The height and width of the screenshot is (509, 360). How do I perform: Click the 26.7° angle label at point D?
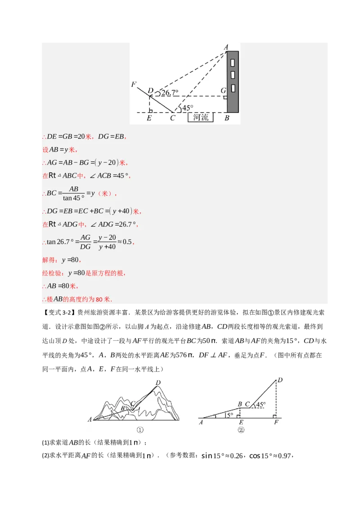170,93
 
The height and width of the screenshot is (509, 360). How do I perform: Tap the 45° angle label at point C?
187,108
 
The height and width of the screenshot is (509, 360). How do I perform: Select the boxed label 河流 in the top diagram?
201,118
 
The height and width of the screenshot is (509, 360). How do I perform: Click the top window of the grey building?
233,62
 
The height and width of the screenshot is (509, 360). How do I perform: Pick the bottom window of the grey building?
233,87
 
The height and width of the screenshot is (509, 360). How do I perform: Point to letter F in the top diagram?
134,85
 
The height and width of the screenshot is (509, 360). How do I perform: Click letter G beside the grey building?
223,91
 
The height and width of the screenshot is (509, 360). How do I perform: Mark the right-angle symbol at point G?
225,97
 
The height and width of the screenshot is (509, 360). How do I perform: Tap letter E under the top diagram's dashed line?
149,118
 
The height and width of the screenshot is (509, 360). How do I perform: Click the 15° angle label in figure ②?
228,415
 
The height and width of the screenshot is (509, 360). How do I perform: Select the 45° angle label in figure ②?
261,404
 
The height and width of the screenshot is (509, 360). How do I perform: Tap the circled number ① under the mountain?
139,430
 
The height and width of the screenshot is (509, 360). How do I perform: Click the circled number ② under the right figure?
241,430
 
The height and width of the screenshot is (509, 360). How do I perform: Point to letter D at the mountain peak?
158,383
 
